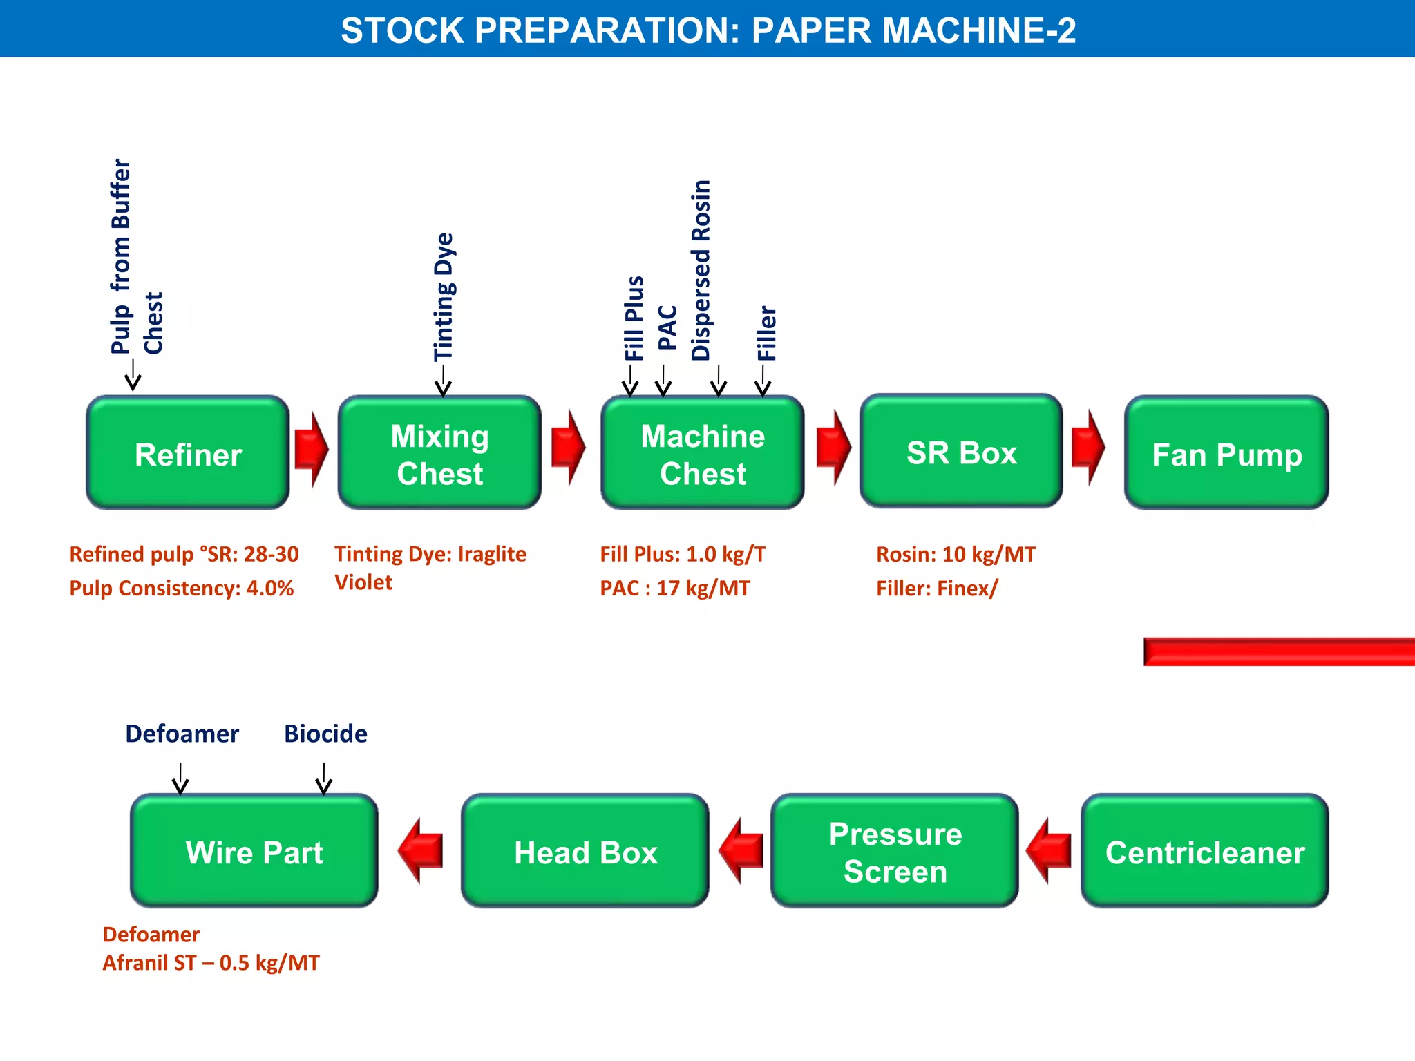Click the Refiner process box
pyautogui.click(x=188, y=453)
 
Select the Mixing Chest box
pyautogui.click(x=439, y=453)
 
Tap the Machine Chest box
pyautogui.click(x=702, y=453)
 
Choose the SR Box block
pyautogui.click(x=961, y=452)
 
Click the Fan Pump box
pyautogui.click(x=1226, y=453)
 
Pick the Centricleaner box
pyautogui.click(x=1204, y=851)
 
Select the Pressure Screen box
pyautogui.click(x=895, y=851)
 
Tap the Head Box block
pyautogui.click(x=585, y=851)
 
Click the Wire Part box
pyautogui.click(x=254, y=851)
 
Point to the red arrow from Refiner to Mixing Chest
pyautogui.click(x=311, y=450)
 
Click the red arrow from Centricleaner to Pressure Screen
pyautogui.click(x=1049, y=850)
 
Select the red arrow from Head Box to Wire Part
pyautogui.click(x=421, y=850)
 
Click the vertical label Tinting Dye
pyautogui.click(x=444, y=297)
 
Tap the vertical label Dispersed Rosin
pyautogui.click(x=701, y=270)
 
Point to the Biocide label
pyautogui.click(x=325, y=734)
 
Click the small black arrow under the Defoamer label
pyautogui.click(x=180, y=778)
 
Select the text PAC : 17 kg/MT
pyautogui.click(x=674, y=589)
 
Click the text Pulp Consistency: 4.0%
pyautogui.click(x=181, y=589)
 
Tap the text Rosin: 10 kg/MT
pyautogui.click(x=956, y=554)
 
